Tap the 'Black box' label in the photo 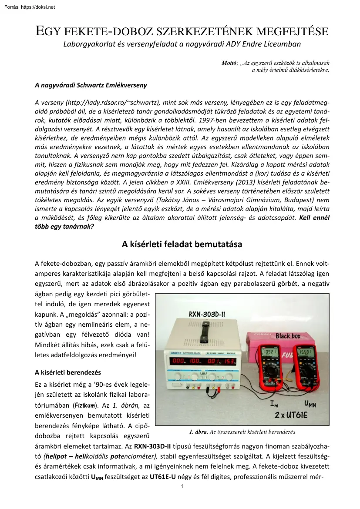[288, 336]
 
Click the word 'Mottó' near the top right [229, 64]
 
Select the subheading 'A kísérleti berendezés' [67, 372]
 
